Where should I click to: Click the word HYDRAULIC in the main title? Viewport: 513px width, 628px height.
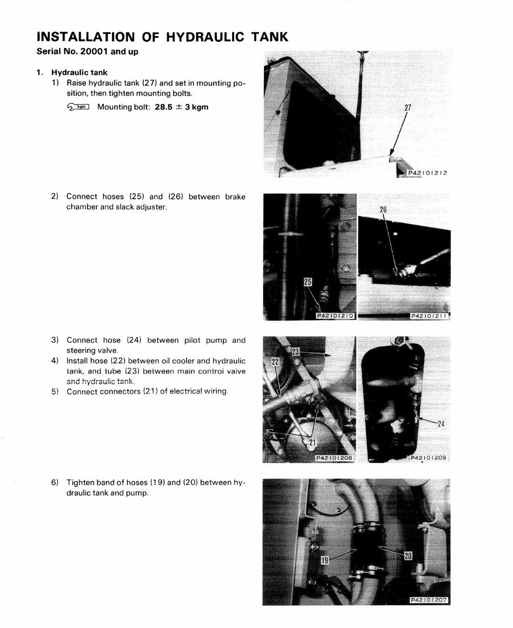point(205,37)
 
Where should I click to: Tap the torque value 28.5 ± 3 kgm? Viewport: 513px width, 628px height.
point(181,107)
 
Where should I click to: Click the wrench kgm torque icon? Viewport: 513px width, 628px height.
point(78,106)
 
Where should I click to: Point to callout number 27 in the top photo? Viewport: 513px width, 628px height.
point(408,107)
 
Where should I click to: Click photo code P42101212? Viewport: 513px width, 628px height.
point(427,173)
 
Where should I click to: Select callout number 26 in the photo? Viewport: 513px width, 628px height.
point(383,209)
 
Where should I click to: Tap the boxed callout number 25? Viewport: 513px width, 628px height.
point(308,282)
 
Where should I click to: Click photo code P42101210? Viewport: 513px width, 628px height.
point(335,316)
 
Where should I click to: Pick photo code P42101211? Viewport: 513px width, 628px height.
point(429,316)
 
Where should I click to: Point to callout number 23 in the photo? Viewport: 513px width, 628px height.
point(295,352)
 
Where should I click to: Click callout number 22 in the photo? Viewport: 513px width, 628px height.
point(275,362)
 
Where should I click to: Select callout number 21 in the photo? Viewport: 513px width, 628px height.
point(312,442)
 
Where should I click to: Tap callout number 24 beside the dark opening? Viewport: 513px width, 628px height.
point(441,424)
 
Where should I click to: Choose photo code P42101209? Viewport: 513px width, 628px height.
point(429,458)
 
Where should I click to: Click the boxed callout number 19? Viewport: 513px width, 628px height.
point(325,560)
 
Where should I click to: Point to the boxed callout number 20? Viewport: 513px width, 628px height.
point(408,555)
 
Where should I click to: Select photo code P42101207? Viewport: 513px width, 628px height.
point(429,600)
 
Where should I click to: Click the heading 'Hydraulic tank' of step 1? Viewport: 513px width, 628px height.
point(79,72)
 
